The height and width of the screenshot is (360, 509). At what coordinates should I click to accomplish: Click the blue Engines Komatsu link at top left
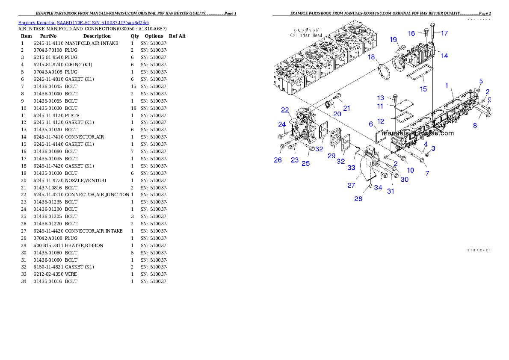[x=83, y=22]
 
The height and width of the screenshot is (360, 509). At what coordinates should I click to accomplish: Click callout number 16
[x=411, y=33]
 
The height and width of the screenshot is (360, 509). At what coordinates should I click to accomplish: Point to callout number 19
[x=393, y=39]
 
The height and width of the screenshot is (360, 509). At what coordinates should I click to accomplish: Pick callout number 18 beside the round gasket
[x=371, y=57]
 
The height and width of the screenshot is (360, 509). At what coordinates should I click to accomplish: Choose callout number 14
[x=444, y=56]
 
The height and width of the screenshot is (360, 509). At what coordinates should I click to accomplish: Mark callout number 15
[x=423, y=89]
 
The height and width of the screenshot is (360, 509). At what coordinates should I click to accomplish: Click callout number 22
[x=285, y=110]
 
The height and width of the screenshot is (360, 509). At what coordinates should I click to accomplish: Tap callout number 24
[x=282, y=124]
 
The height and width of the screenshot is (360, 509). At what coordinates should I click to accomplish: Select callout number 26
[x=278, y=160]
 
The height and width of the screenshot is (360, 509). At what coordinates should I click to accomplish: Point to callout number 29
[x=331, y=156]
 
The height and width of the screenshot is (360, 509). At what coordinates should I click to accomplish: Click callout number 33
[x=351, y=168]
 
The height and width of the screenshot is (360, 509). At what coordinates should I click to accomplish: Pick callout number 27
[x=351, y=185]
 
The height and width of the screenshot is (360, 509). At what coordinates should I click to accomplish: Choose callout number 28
[x=358, y=199]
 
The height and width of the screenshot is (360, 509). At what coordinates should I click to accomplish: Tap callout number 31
[x=391, y=191]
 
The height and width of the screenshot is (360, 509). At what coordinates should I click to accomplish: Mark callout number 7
[x=427, y=173]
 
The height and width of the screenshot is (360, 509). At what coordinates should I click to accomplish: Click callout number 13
[x=380, y=98]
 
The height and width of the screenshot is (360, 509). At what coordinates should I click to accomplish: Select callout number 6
[x=371, y=124]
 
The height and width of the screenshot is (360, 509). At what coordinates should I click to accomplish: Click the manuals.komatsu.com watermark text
[x=418, y=133]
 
